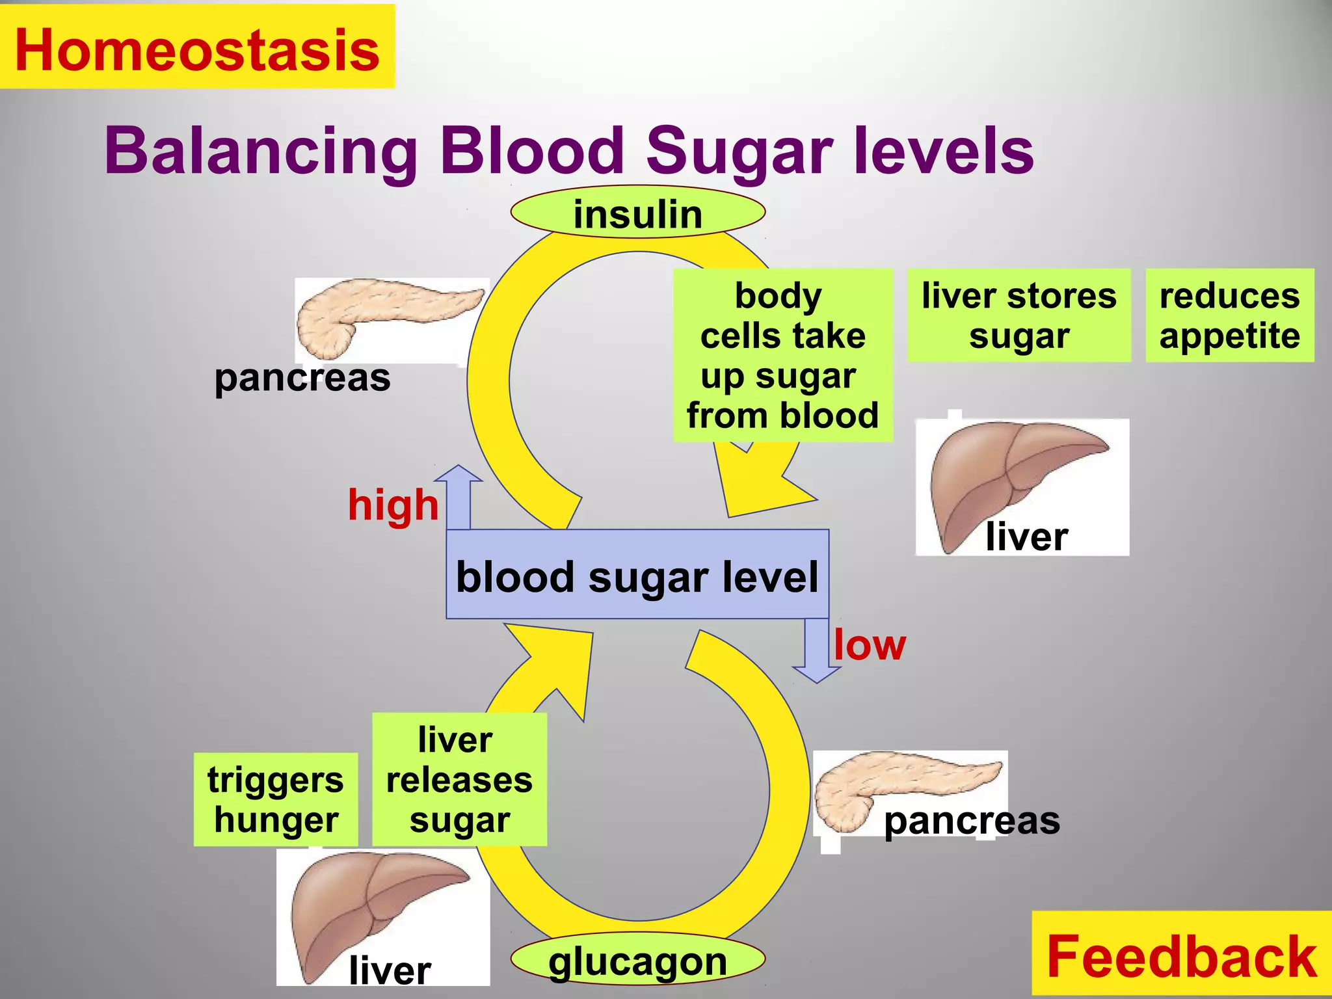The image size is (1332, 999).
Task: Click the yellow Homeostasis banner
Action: coord(197,47)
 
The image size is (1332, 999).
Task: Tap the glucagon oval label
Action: coord(637,960)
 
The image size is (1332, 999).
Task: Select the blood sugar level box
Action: coord(637,575)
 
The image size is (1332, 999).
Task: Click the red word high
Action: coord(393,505)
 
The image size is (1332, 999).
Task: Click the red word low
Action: coord(869,645)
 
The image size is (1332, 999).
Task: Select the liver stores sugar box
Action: coord(1019,315)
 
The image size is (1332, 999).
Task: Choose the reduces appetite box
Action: coord(1229,315)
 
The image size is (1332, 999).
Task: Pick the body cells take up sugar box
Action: coord(782,355)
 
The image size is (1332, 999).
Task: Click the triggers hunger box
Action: coord(276,799)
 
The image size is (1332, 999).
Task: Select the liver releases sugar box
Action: coord(459,779)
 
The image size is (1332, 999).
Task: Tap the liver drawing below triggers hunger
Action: coord(377,911)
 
